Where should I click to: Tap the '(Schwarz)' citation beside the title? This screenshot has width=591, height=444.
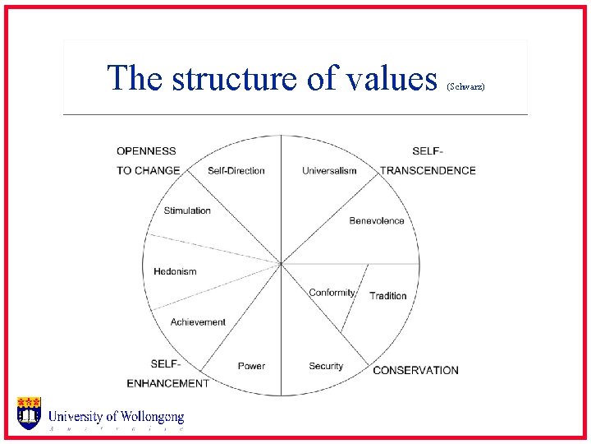pyautogui.click(x=466, y=86)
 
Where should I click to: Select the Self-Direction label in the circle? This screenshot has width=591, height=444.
pyautogui.click(x=236, y=171)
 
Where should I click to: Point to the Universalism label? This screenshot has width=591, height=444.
pyautogui.click(x=329, y=171)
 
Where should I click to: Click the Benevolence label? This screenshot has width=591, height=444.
pyautogui.click(x=377, y=220)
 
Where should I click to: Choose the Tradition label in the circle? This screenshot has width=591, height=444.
pyautogui.click(x=388, y=296)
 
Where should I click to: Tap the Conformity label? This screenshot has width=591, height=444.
pyautogui.click(x=332, y=293)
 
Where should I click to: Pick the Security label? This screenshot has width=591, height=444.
pyautogui.click(x=326, y=366)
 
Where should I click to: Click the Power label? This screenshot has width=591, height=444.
pyautogui.click(x=251, y=366)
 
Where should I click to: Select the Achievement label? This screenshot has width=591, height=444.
pyautogui.click(x=198, y=322)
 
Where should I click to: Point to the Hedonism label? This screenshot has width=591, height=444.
pyautogui.click(x=175, y=271)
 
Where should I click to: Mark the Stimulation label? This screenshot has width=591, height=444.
pyautogui.click(x=187, y=210)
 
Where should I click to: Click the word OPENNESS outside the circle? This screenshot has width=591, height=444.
pyautogui.click(x=146, y=151)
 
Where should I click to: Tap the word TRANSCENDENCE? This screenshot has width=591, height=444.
pyautogui.click(x=428, y=171)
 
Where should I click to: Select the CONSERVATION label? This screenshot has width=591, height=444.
pyautogui.click(x=415, y=370)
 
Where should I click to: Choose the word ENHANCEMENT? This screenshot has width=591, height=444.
pyautogui.click(x=167, y=383)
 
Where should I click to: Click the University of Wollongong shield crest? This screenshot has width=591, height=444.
pyautogui.click(x=29, y=413)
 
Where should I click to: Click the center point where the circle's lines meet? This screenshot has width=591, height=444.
pyautogui.click(x=282, y=264)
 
